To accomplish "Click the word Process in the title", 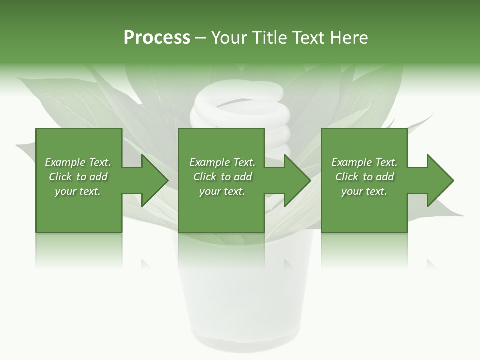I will [157, 38].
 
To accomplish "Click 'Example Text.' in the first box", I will [78, 162].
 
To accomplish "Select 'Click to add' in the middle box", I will [222, 177].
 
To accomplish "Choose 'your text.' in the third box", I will [364, 191].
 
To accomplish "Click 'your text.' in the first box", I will [78, 191].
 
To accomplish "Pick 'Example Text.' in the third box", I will [364, 162].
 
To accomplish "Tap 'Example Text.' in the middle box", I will [222, 162].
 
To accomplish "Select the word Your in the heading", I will [229, 38].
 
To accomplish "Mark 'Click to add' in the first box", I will [78, 177].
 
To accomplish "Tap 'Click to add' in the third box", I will [364, 177].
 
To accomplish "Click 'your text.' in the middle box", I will [222, 191].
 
